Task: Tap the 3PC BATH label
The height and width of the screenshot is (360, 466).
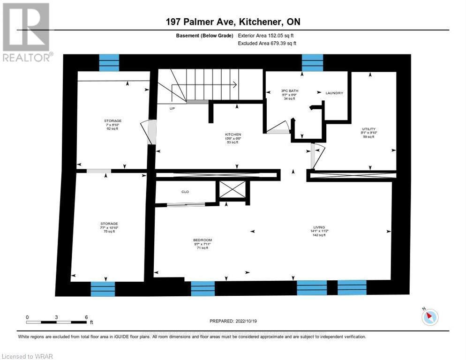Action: tap(290, 90)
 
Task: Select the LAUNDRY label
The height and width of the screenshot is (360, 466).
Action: tap(334, 93)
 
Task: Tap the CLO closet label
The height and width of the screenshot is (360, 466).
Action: tap(185, 191)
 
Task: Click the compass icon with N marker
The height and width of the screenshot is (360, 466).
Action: tap(429, 317)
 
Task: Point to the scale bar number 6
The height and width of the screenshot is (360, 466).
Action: tap(86, 317)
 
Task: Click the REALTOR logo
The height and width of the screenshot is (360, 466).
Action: tap(27, 32)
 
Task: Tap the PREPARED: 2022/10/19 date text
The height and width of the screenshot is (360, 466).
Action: tap(233, 321)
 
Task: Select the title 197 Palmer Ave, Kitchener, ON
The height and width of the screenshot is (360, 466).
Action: tap(233, 22)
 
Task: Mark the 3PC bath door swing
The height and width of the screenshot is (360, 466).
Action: tap(279, 127)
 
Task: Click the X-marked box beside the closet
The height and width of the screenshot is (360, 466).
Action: tap(233, 190)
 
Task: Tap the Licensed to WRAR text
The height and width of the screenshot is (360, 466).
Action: tap(27, 356)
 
